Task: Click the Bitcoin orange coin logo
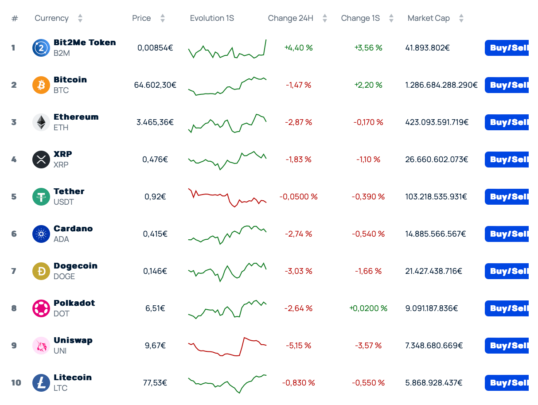[41, 85]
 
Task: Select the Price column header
[141, 18]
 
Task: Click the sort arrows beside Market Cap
[461, 18]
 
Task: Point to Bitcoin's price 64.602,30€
[155, 85]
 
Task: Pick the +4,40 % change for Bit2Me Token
[298, 48]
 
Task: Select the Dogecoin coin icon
[41, 271]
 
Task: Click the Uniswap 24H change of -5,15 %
[298, 346]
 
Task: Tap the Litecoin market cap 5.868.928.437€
[434, 383]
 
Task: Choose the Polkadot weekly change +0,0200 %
[368, 308]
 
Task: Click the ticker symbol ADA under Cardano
[61, 239]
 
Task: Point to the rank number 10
[16, 383]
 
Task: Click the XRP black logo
[41, 160]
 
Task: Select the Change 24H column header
[291, 18]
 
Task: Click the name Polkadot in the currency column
[74, 303]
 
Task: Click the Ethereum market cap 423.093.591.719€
[437, 122]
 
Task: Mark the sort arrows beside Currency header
[80, 18]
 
